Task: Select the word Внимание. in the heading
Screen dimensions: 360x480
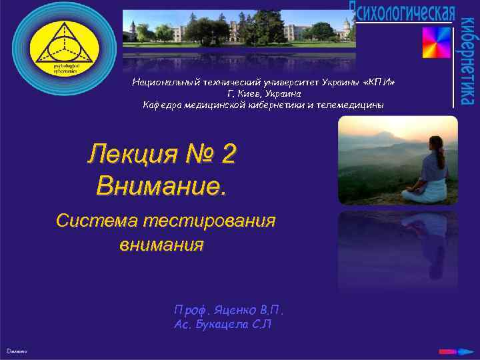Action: [x=161, y=185]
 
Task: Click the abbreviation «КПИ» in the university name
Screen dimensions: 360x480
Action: [x=381, y=82]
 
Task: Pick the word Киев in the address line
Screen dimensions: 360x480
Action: [x=248, y=93]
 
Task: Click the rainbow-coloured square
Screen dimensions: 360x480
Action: [x=437, y=43]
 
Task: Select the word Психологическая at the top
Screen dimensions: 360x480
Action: [x=403, y=11]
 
